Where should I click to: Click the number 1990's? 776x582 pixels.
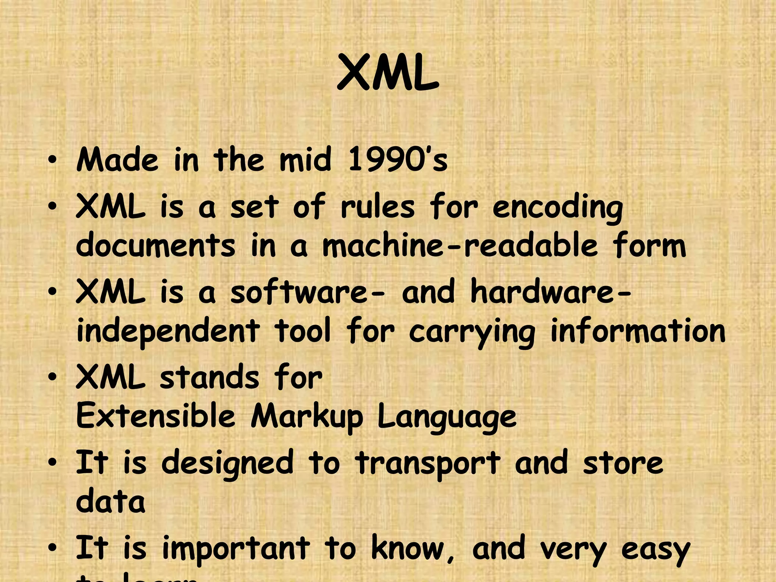pyautogui.click(x=397, y=160)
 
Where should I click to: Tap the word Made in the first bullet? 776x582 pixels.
pyautogui.click(x=117, y=160)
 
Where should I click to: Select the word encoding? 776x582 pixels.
pyautogui.click(x=557, y=208)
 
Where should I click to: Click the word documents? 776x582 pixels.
pyautogui.click(x=155, y=246)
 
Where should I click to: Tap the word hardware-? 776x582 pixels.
pyautogui.click(x=551, y=293)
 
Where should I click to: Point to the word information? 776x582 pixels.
pyautogui.click(x=638, y=331)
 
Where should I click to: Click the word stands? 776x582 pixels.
pyautogui.click(x=209, y=378)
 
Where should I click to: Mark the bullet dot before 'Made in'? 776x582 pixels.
pyautogui.click(x=53, y=161)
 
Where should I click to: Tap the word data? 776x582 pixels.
pyautogui.click(x=110, y=502)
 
